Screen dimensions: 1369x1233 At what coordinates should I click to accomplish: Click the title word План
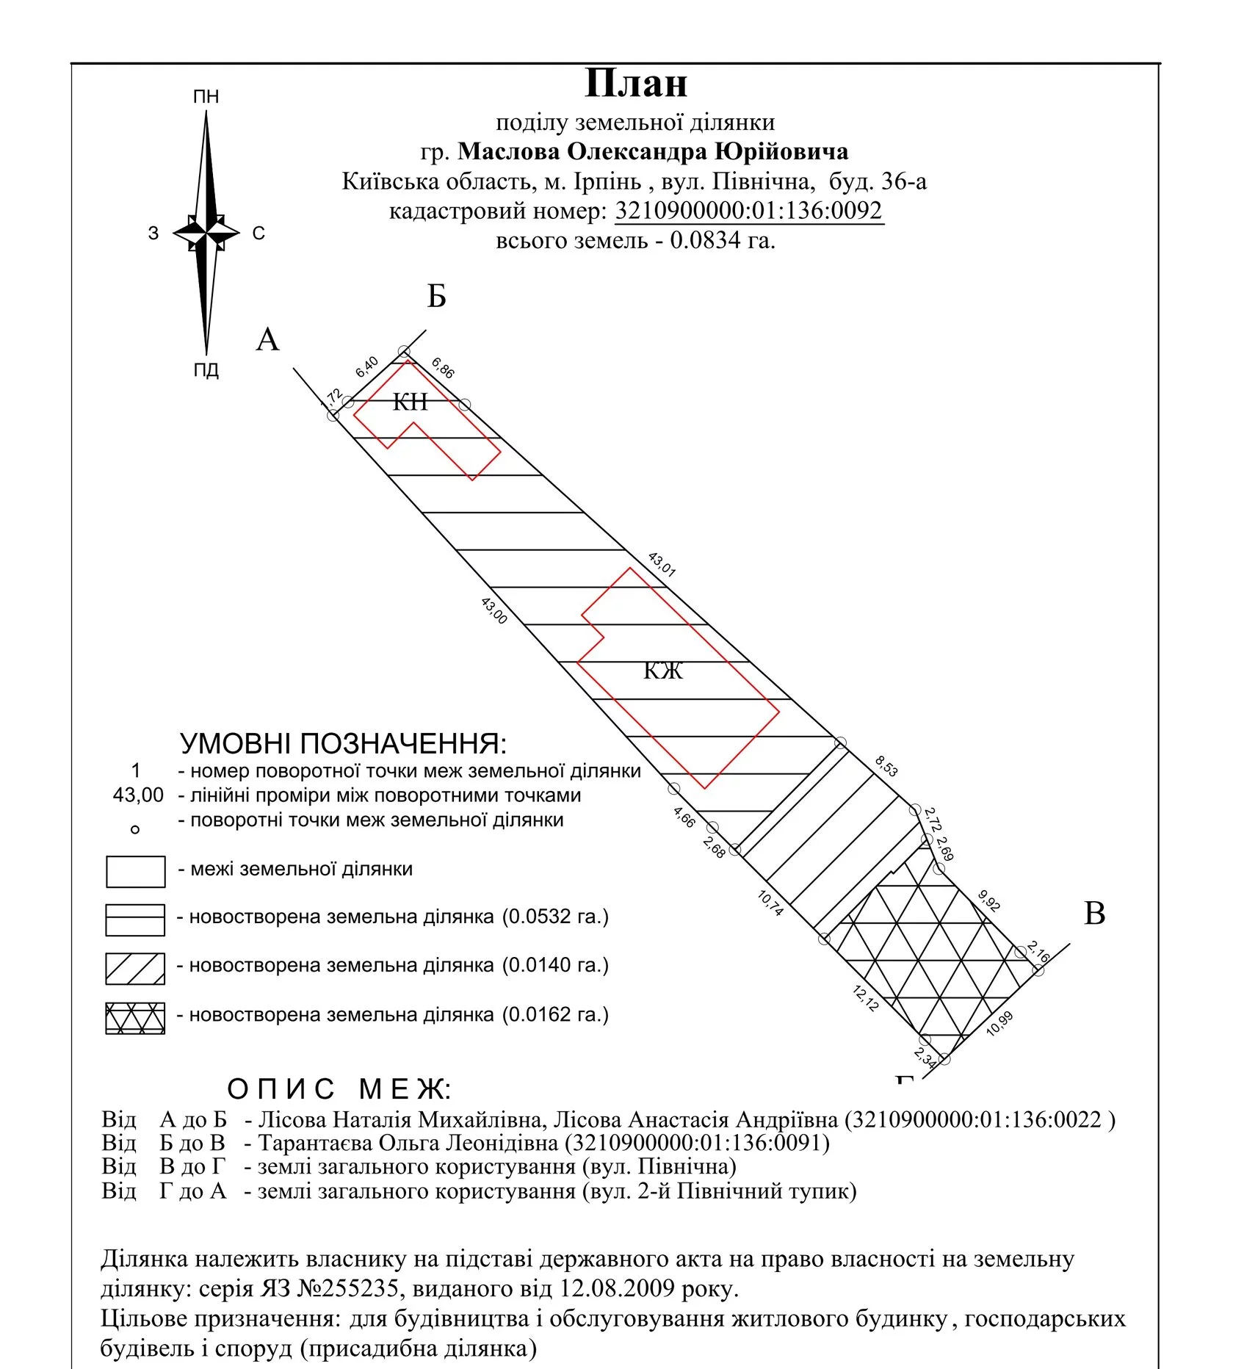[635, 83]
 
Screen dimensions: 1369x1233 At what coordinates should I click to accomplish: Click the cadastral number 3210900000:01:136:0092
[748, 211]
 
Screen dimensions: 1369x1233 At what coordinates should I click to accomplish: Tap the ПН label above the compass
[206, 97]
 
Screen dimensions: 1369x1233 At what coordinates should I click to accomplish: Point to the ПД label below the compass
[206, 369]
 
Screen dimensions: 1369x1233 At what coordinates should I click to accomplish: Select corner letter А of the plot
[267, 340]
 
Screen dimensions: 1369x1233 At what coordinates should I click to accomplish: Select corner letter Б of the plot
[436, 296]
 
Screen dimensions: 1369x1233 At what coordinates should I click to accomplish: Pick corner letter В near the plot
[1094, 914]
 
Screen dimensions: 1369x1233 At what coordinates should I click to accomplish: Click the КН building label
[410, 402]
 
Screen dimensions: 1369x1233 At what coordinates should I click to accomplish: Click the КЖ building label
[663, 671]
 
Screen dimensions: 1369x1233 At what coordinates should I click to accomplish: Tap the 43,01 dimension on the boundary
[662, 564]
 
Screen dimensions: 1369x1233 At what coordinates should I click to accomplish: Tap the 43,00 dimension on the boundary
[494, 610]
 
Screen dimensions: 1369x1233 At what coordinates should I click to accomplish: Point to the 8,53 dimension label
[886, 766]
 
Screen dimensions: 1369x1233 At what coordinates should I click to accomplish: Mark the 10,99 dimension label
[999, 1023]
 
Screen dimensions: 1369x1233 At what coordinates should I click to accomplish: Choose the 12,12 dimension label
[866, 999]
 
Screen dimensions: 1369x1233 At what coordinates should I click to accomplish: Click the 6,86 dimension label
[443, 367]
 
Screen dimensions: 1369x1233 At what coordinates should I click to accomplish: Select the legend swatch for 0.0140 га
[135, 969]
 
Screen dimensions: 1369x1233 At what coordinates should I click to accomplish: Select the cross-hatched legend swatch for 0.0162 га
[135, 1018]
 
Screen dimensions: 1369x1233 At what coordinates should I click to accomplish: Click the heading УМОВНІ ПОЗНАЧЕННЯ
[343, 744]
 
